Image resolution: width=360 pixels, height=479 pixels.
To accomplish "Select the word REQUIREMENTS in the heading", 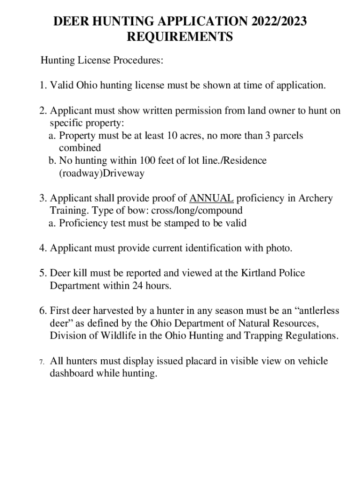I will tap(180, 37).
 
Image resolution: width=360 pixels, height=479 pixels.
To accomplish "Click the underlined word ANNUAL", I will tap(211, 198).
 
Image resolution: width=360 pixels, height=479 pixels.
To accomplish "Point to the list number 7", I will tap(42, 362).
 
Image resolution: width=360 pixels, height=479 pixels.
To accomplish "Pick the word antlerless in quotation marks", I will tap(315, 311).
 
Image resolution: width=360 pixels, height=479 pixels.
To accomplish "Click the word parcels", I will tap(286, 136).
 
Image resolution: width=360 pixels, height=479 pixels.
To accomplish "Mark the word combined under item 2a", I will tap(79, 148).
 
